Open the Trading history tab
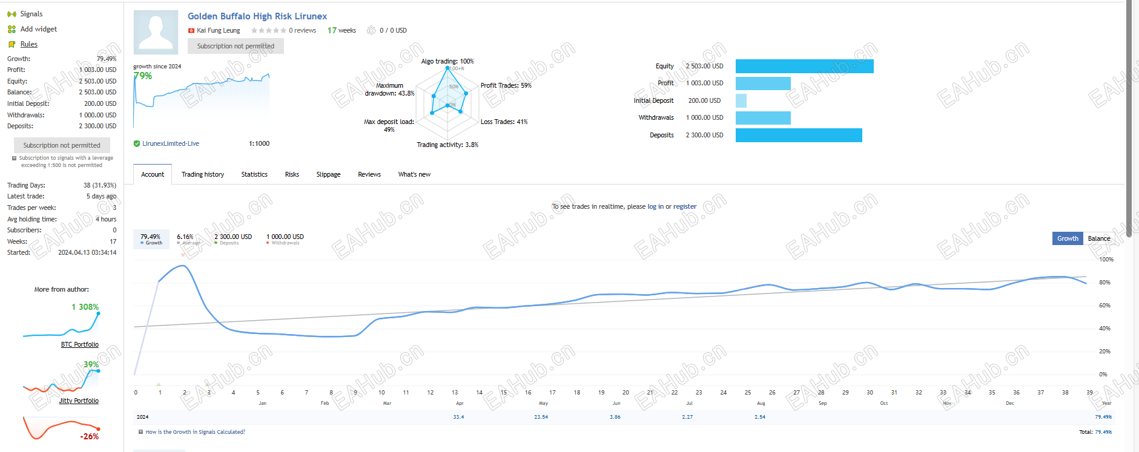(202, 174)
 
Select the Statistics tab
(254, 174)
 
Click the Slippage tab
(328, 174)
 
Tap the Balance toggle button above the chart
(1098, 238)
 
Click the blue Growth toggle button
(1068, 238)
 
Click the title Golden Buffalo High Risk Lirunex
(257, 16)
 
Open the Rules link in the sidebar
(28, 44)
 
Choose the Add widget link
(38, 29)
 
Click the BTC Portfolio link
(79, 344)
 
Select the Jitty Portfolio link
(79, 401)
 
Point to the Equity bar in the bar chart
(804, 67)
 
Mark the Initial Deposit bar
(741, 100)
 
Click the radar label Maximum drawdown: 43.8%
(389, 90)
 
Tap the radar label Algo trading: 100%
(447, 61)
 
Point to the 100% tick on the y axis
(1106, 260)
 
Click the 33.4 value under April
(458, 417)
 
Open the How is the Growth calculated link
(195, 432)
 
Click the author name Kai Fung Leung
(218, 30)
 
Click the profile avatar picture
(156, 32)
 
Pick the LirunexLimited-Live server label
(170, 143)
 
